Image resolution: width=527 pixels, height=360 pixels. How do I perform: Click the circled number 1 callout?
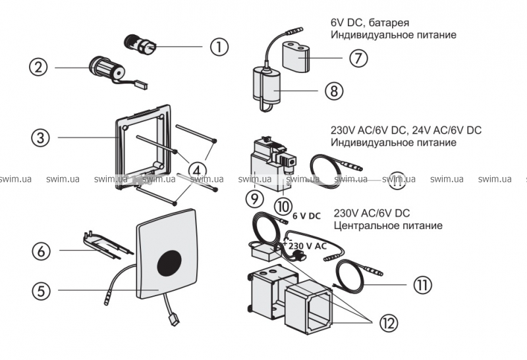(219, 47)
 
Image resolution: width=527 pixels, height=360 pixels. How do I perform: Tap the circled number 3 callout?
(42, 138)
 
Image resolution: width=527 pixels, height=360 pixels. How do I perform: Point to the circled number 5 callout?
(42, 290)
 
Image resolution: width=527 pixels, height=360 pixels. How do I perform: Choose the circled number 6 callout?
(42, 251)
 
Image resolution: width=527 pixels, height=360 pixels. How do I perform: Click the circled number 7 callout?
(358, 58)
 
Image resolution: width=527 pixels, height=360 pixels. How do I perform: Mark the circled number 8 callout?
(334, 90)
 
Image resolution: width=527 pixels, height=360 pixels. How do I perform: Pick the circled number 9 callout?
(254, 196)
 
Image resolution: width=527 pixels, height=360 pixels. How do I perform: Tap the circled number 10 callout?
(283, 206)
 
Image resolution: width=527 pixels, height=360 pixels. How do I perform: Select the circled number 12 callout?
(389, 322)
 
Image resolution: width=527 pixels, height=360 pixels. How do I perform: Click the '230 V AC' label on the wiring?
(307, 245)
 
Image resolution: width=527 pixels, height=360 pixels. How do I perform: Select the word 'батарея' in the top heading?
(389, 22)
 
